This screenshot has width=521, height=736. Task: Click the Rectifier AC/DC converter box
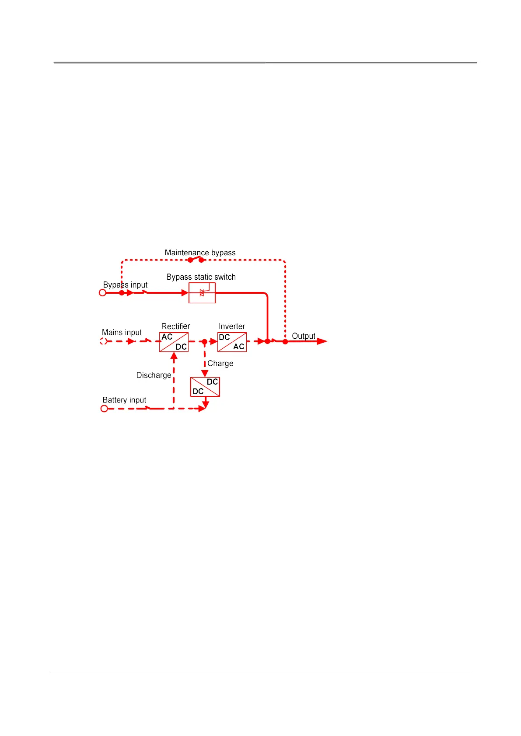pyautogui.click(x=174, y=342)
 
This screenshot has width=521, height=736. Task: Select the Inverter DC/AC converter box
pyautogui.click(x=232, y=342)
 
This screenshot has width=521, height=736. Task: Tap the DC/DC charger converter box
pyautogui.click(x=205, y=387)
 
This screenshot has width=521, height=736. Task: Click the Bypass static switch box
pyautogui.click(x=202, y=293)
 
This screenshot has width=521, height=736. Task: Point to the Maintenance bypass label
pyautogui.click(x=200, y=253)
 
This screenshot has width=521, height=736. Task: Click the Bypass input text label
pyautogui.click(x=125, y=285)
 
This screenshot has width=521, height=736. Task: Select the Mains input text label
pyautogui.click(x=122, y=333)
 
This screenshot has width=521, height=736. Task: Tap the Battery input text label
pyautogui.click(x=124, y=400)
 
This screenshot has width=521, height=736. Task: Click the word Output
pyautogui.click(x=304, y=336)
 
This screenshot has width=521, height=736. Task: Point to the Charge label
pyautogui.click(x=220, y=364)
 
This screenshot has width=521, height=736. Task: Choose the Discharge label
pyautogui.click(x=154, y=375)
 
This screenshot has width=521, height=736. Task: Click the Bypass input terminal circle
pyautogui.click(x=103, y=293)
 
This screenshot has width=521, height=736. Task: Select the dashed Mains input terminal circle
pyautogui.click(x=104, y=341)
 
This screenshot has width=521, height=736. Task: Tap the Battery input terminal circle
pyautogui.click(x=104, y=409)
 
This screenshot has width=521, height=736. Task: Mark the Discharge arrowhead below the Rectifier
pyautogui.click(x=174, y=356)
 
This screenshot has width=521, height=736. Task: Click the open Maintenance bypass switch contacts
pyautogui.click(x=196, y=260)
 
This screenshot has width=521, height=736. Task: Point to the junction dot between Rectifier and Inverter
pyautogui.click(x=204, y=342)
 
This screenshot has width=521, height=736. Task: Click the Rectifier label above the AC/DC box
pyautogui.click(x=175, y=326)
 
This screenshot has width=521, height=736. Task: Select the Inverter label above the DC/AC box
pyautogui.click(x=231, y=326)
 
